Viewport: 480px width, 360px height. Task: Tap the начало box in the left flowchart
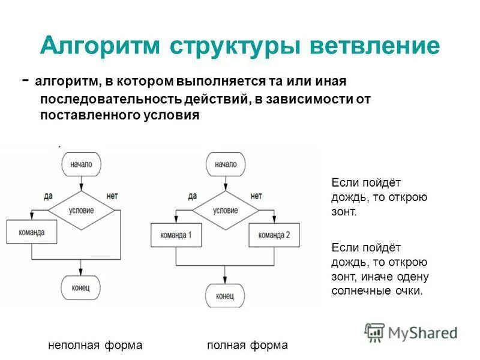click(80, 164)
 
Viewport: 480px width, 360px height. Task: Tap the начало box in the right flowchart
click(225, 164)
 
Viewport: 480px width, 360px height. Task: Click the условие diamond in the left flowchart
click(80, 211)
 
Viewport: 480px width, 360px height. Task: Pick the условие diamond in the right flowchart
click(225, 211)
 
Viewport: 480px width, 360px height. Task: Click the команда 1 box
click(176, 235)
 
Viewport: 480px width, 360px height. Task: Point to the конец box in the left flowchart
click(80, 288)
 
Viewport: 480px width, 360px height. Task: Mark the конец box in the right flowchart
click(225, 296)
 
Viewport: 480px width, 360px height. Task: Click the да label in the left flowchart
click(49, 196)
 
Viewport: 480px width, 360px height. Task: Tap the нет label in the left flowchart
click(112, 196)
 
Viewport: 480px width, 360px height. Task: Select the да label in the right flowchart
click(192, 196)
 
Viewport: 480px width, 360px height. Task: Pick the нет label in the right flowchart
click(256, 196)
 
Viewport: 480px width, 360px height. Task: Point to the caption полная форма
click(247, 345)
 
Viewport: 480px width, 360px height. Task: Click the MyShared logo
click(411, 332)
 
